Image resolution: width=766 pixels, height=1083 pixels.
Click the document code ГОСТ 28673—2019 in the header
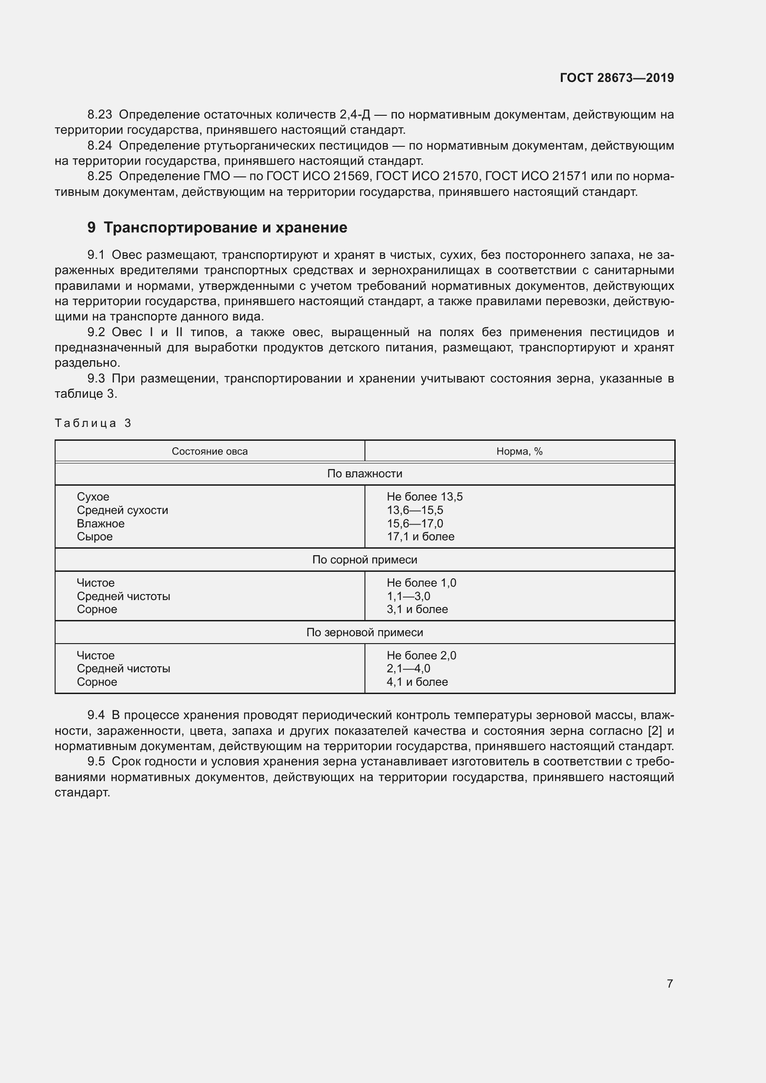616,78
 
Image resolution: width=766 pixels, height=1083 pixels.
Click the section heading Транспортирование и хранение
225,227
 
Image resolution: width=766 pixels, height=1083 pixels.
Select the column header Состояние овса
209,451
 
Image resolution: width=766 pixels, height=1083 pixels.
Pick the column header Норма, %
519,451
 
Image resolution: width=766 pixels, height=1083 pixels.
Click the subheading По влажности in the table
364,474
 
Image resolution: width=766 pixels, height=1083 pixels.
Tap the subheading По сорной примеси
364,560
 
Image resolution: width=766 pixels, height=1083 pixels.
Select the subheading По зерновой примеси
364,632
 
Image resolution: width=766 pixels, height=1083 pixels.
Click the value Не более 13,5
425,497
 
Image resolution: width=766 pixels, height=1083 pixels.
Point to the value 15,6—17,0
414,524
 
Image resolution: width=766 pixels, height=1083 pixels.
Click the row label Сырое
95,537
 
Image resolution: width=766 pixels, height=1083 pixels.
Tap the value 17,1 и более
420,537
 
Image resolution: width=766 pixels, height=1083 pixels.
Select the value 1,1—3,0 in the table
408,596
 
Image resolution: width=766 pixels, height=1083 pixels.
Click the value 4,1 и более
417,682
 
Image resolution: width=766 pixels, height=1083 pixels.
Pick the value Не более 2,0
421,656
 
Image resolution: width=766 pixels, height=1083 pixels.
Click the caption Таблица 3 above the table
93,423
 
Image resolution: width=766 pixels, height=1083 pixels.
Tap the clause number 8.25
100,176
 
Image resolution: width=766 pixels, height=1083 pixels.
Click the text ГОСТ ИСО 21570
427,176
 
